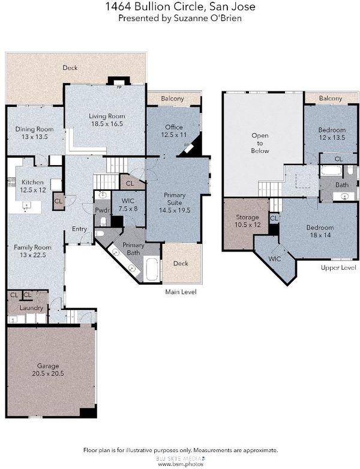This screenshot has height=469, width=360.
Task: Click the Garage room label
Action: [x=48, y=366]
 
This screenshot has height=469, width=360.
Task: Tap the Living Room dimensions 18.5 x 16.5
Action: [x=107, y=124]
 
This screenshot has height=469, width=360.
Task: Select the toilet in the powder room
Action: [x=103, y=222]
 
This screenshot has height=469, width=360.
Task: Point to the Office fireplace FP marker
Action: [x=187, y=145]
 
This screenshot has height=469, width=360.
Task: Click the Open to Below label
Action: [x=260, y=144]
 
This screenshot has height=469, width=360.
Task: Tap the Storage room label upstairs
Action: [x=247, y=217]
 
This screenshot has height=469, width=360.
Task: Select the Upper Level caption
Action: [x=338, y=267]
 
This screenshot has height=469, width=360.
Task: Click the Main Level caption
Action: [x=181, y=292]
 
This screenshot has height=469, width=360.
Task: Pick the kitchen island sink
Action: [x=26, y=205]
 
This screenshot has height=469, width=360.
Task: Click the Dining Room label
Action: [x=34, y=129]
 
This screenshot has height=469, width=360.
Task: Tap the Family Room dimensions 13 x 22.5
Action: [x=33, y=255]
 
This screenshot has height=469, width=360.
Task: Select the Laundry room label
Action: [x=31, y=308]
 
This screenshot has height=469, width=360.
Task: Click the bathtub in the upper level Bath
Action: [x=331, y=171]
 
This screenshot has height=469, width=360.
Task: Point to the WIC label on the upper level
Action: [x=275, y=259]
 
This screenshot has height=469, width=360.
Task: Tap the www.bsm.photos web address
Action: [x=181, y=464]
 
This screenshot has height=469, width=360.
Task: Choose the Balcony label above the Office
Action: [x=172, y=98]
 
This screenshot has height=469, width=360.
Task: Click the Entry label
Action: [x=79, y=229]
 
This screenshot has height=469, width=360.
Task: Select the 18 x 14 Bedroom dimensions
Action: [x=320, y=235]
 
